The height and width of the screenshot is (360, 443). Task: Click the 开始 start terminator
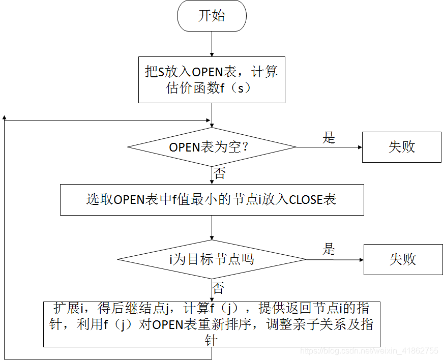(212, 16)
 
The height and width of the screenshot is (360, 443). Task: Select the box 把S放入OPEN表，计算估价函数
(212, 79)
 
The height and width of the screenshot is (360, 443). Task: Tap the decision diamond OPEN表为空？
(212, 147)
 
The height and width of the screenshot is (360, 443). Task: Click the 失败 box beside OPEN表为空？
(401, 147)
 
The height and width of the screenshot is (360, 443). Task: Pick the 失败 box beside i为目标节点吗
(402, 259)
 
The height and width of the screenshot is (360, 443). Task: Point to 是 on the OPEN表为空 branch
(329, 137)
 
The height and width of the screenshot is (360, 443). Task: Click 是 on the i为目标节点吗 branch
(329, 249)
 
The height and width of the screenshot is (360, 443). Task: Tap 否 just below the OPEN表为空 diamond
(219, 174)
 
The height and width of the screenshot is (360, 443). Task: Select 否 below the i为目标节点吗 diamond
(219, 289)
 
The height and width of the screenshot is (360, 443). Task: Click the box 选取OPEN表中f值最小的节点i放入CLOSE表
(212, 199)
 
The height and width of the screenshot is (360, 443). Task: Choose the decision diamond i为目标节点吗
(212, 259)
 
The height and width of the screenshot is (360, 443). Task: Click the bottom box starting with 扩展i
(212, 324)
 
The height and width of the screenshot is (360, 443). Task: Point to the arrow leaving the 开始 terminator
(212, 43)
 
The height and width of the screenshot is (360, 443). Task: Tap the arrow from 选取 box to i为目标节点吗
(212, 227)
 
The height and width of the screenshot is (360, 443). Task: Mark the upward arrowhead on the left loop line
(5, 117)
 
